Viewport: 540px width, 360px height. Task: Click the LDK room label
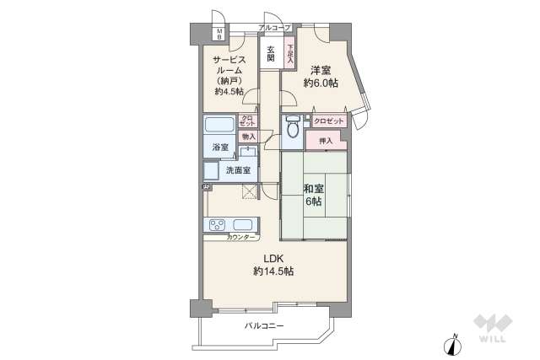coord(273,258)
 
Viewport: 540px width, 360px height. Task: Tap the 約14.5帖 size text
coord(273,271)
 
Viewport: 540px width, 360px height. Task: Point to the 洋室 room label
coord(321,69)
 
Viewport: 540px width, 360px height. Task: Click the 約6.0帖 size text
coord(321,83)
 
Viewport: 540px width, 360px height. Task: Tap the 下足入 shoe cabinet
coord(289,53)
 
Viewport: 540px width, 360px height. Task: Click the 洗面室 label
coord(237,170)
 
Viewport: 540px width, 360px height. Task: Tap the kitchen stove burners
coord(216,225)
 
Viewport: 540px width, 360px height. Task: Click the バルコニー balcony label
coord(264,325)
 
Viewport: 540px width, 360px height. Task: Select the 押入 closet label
coord(327,141)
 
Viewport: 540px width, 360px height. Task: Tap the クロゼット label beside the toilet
coord(329,121)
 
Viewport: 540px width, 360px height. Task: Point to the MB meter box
coord(219,35)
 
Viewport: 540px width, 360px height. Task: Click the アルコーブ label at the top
coord(275,28)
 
